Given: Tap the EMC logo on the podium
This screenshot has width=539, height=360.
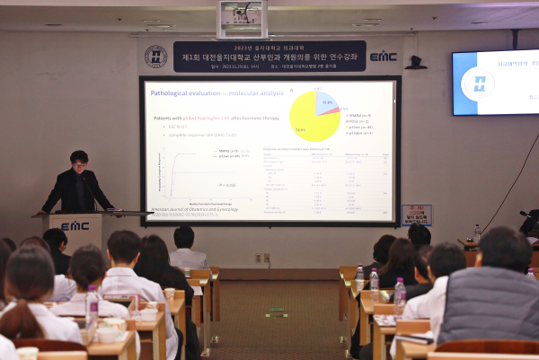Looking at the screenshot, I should (75, 225).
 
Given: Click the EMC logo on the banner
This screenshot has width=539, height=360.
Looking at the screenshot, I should (383, 57).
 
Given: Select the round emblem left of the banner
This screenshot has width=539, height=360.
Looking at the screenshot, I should (155, 57).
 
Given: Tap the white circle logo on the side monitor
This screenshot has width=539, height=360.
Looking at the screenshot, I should (477, 83).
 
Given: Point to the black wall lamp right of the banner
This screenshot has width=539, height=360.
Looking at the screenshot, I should (415, 63).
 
